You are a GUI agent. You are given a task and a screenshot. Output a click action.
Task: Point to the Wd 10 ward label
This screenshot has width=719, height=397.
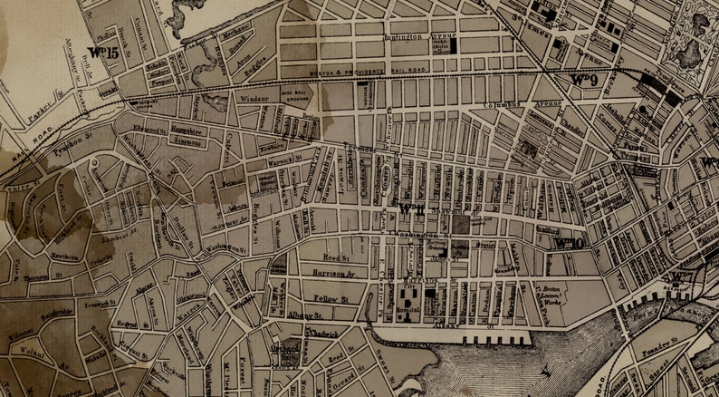tap(568, 242)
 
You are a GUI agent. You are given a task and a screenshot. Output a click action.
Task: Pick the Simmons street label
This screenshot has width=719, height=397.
tap(187, 143)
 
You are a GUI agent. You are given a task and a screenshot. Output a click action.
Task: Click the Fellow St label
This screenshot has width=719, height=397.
tap(331, 297)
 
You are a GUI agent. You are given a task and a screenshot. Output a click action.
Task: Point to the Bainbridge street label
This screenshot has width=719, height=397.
tap(51, 311)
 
